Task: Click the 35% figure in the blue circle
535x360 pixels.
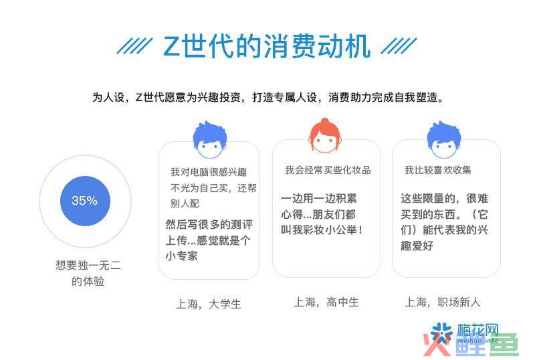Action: click(x=85, y=201)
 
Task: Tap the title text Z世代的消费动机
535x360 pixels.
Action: click(x=266, y=46)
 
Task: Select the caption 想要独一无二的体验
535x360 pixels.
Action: click(x=88, y=273)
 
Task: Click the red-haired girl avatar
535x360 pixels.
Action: click(x=324, y=136)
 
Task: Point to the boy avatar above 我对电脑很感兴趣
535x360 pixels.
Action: click(x=210, y=140)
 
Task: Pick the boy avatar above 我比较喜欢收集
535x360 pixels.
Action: click(x=444, y=140)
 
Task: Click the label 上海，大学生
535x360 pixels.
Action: click(x=209, y=304)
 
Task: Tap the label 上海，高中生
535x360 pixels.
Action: click(x=326, y=302)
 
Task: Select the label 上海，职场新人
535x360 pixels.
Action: click(x=443, y=302)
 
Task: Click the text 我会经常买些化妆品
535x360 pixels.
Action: click(x=328, y=170)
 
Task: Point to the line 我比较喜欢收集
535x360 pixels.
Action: click(x=438, y=170)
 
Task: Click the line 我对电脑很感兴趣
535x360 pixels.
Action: click(x=209, y=172)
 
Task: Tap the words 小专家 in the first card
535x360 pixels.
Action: click(x=181, y=256)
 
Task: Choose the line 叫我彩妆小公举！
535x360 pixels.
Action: click(x=322, y=230)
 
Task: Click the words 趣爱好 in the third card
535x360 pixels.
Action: click(x=417, y=246)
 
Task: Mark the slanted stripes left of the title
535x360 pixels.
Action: click(x=134, y=46)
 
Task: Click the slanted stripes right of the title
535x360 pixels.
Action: click(x=399, y=46)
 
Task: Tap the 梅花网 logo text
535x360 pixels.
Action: click(x=477, y=330)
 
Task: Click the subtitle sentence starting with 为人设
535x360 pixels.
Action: click(x=268, y=98)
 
